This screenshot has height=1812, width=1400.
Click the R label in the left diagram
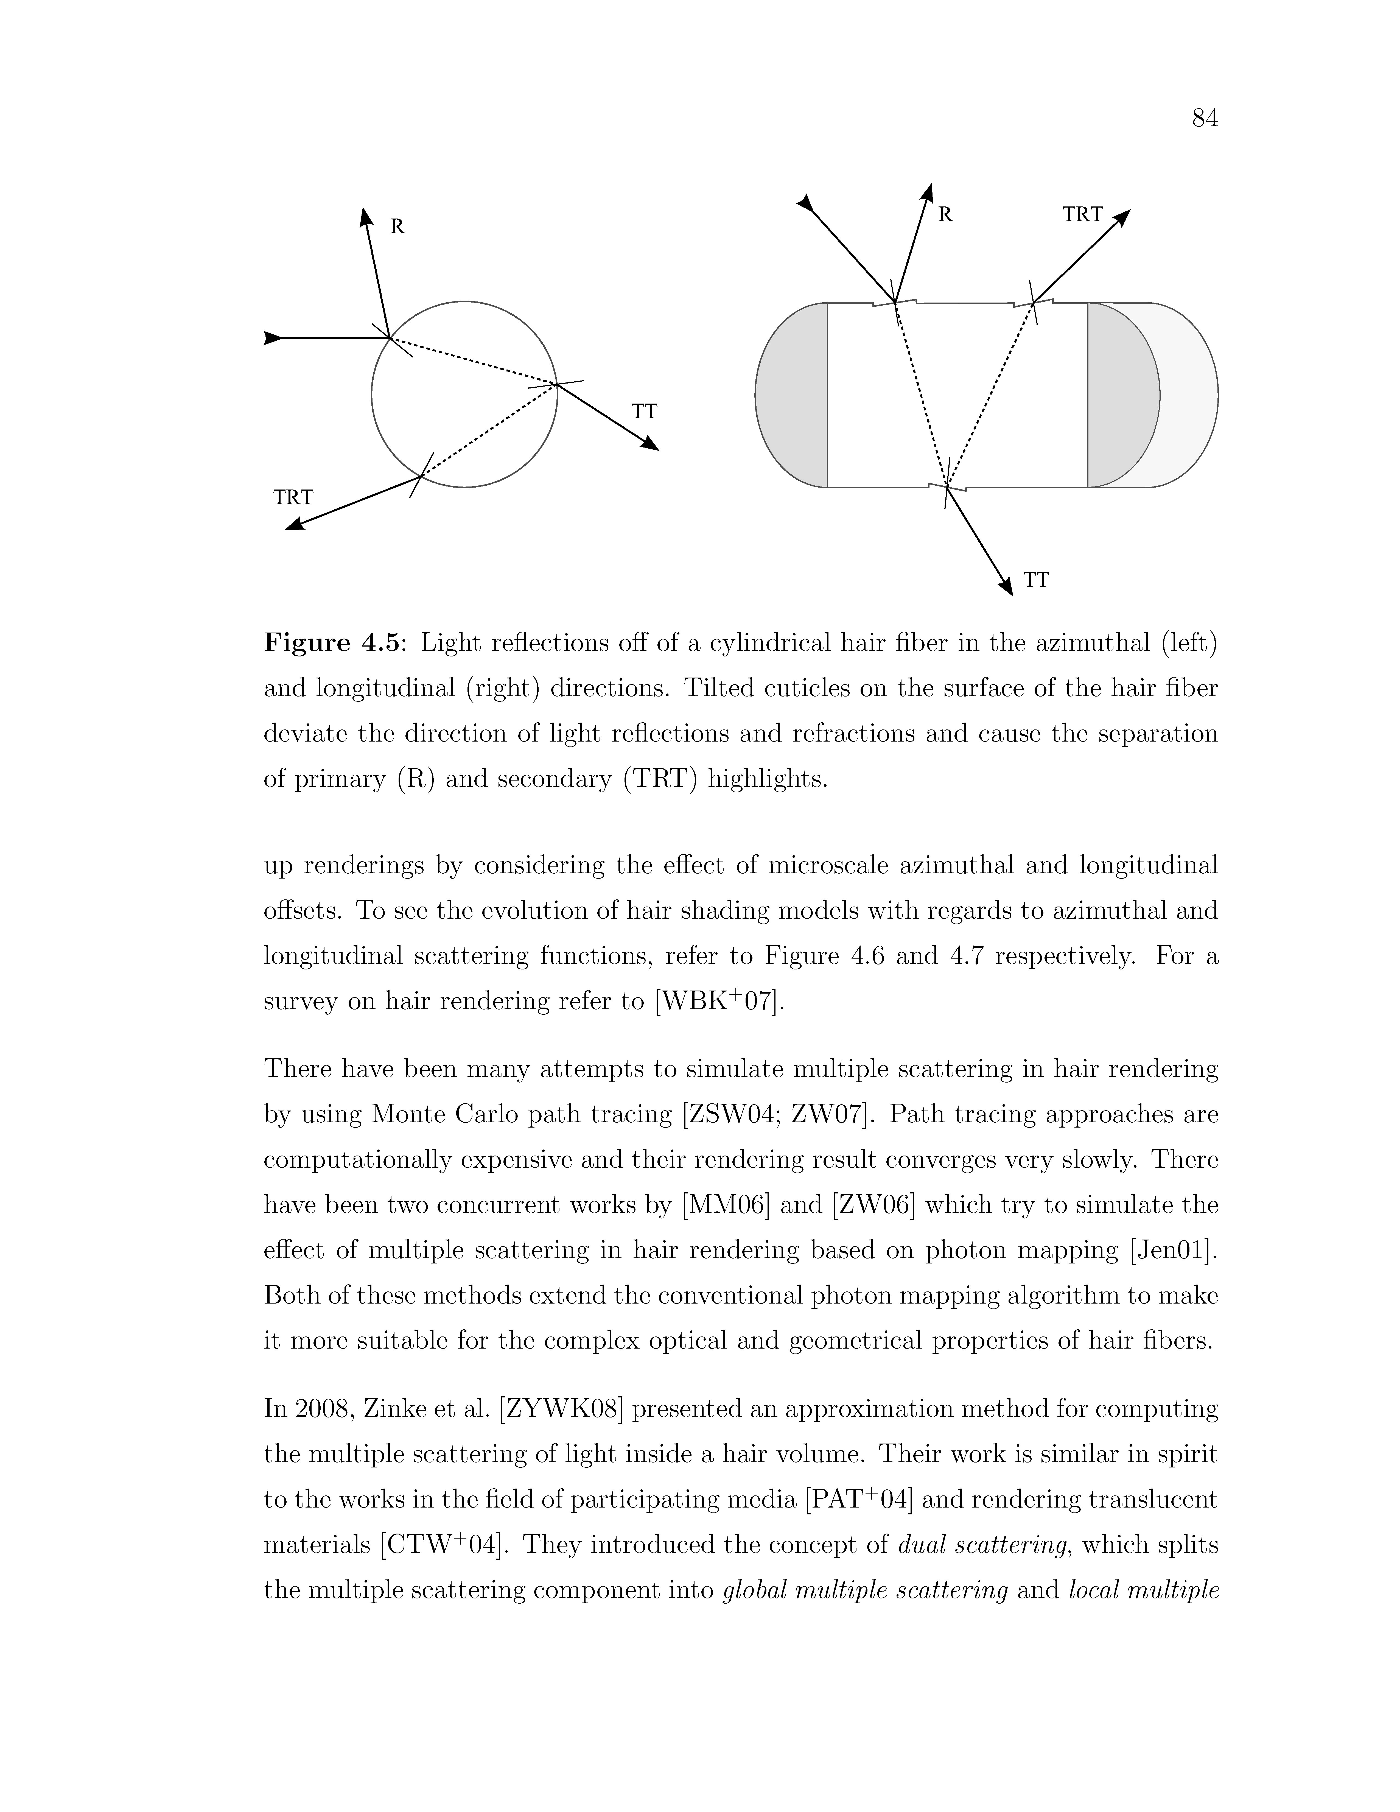(397, 226)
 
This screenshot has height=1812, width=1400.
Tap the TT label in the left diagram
(645, 412)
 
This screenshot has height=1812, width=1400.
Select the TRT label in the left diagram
(294, 498)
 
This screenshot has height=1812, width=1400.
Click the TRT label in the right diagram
(1082, 215)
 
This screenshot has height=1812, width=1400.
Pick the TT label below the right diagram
(1036, 581)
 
